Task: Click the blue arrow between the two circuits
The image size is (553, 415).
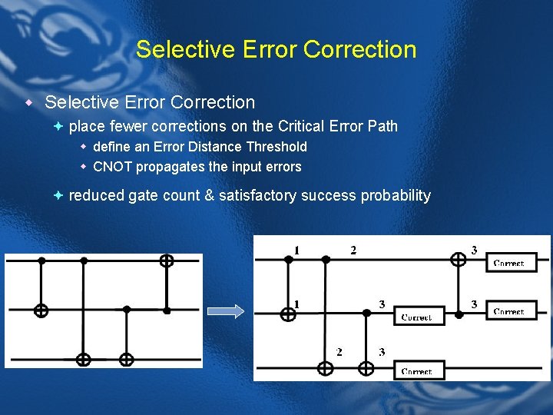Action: (227, 311)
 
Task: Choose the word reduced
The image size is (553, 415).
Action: (97, 195)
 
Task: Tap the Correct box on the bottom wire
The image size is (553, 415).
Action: (416, 370)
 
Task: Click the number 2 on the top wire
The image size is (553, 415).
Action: (353, 250)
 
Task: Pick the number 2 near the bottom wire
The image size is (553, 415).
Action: (339, 352)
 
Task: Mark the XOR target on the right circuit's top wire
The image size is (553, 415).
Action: (458, 260)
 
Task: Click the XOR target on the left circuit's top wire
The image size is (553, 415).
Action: (166, 261)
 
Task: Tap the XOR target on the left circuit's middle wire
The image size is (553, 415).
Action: (41, 310)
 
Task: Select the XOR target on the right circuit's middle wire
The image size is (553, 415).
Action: (288, 313)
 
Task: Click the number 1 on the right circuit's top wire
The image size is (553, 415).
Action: (296, 250)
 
